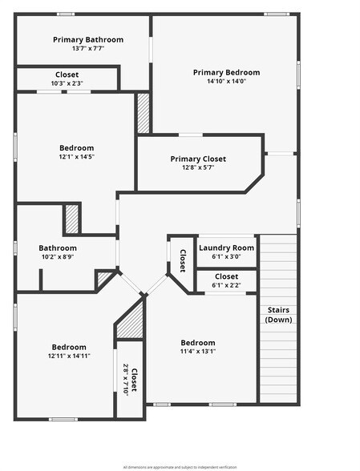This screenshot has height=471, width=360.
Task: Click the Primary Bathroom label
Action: [x=88, y=39]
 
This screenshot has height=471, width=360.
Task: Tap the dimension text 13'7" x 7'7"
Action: [x=88, y=49]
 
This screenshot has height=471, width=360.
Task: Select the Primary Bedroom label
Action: [x=226, y=72]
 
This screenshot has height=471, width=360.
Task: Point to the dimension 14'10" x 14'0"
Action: [x=226, y=82]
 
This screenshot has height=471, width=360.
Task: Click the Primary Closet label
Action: [x=198, y=159]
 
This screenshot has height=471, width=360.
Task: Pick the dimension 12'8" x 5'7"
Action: [x=198, y=168]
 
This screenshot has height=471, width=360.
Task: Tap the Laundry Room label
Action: [x=226, y=248]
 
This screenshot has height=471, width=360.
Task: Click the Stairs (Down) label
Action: [x=277, y=315]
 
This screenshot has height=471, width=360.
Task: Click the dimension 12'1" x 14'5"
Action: [x=76, y=158]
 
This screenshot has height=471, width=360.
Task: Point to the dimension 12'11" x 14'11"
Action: [x=69, y=355]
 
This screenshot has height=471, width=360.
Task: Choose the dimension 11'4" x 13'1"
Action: [x=197, y=351]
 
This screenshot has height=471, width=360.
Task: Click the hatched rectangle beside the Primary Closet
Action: [x=144, y=114]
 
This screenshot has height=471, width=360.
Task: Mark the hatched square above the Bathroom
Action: [x=72, y=219]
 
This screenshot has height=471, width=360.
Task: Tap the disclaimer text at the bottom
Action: [x=180, y=466]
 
